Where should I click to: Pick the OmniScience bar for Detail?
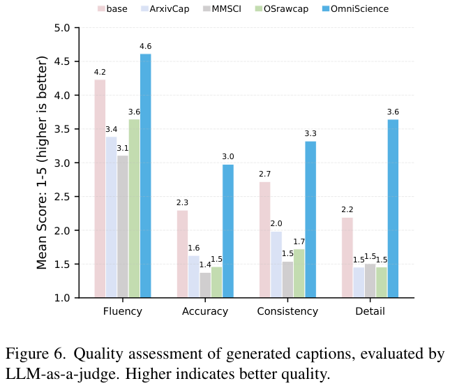tap(393, 209)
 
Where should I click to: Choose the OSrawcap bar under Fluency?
tap(134, 209)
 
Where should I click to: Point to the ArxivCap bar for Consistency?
tap(276, 264)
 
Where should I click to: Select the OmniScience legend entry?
tap(354, 9)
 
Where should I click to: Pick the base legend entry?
tap(116, 9)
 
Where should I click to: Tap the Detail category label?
tap(370, 311)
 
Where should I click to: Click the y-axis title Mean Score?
tap(43, 163)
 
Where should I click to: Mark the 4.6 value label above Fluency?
tap(145, 47)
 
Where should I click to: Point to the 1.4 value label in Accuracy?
tap(205, 265)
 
